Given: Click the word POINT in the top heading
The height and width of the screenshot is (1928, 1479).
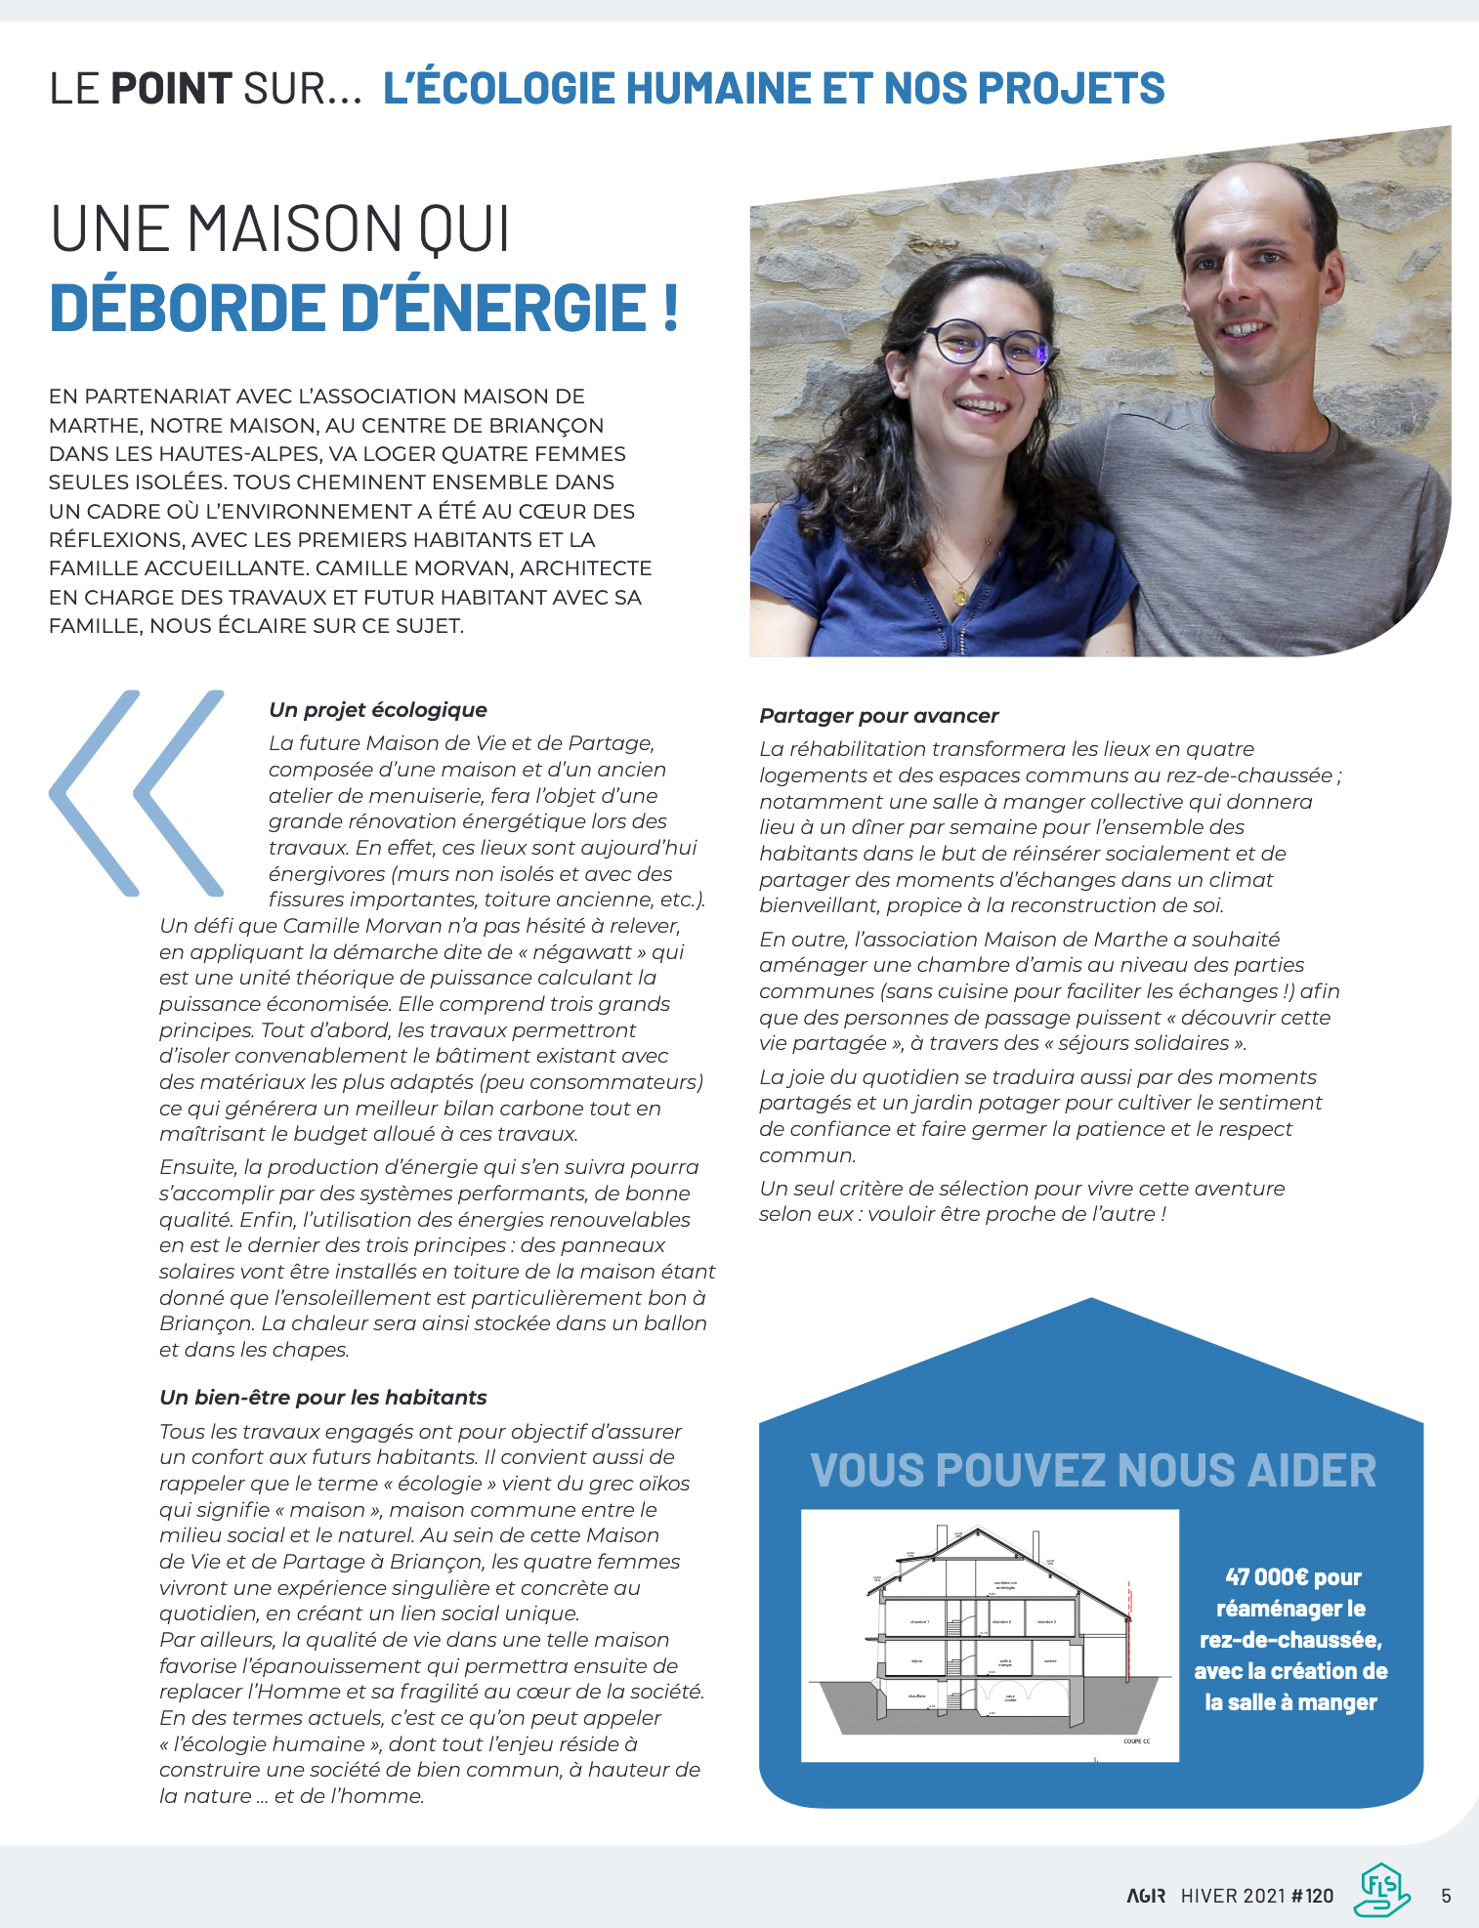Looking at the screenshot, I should (171, 88).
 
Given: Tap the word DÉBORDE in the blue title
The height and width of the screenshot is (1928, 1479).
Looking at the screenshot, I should (187, 309).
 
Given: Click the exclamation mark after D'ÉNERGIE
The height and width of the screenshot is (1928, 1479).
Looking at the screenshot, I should (669, 309).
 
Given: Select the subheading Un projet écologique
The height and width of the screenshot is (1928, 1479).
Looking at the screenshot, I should (378, 710).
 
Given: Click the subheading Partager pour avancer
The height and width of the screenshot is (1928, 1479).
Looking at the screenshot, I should (878, 716).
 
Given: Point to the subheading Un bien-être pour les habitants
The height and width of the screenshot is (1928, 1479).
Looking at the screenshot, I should (322, 1398).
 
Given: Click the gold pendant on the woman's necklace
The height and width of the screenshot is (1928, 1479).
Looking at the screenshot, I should (960, 594).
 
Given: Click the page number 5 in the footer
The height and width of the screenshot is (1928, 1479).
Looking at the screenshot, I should (1446, 1896).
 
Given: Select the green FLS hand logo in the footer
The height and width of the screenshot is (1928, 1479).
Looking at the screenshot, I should (1381, 1891).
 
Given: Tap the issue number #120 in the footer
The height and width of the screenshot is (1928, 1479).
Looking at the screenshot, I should (1312, 1896).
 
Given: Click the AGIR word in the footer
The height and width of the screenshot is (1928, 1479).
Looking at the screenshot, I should (1146, 1896).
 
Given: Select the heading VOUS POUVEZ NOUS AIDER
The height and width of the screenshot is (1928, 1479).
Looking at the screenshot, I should (1092, 1470).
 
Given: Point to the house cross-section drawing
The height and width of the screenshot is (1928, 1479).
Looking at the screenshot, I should (989, 1637).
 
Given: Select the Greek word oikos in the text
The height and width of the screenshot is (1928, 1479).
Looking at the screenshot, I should (663, 1484).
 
